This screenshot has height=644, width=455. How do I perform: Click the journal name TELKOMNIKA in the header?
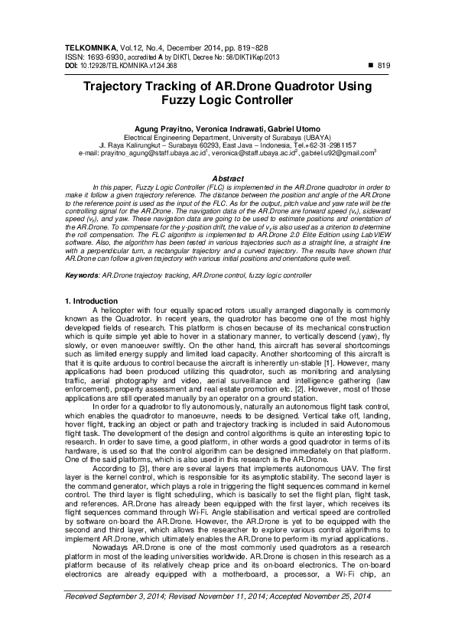click(x=89, y=48)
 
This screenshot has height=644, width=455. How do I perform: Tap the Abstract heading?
click(x=227, y=178)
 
